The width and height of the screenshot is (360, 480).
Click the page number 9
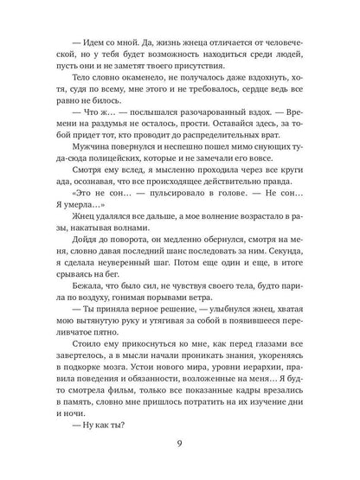pos(179,446)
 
